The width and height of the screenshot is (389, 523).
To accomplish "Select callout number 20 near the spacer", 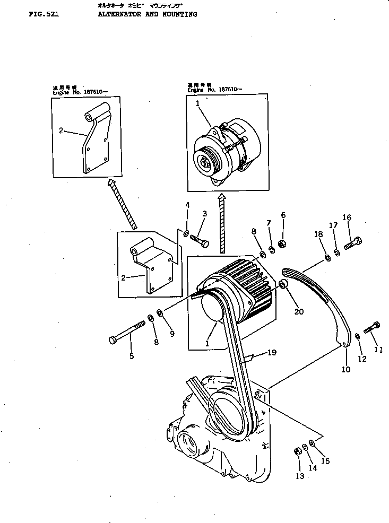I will click(x=299, y=311).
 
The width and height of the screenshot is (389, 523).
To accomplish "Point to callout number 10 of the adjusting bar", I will click(x=345, y=370).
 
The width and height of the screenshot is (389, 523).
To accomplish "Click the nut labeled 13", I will click(x=298, y=451).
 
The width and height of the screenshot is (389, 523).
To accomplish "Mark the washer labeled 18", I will click(x=327, y=258).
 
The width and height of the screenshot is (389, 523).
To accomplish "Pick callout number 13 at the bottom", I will click(x=300, y=476).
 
